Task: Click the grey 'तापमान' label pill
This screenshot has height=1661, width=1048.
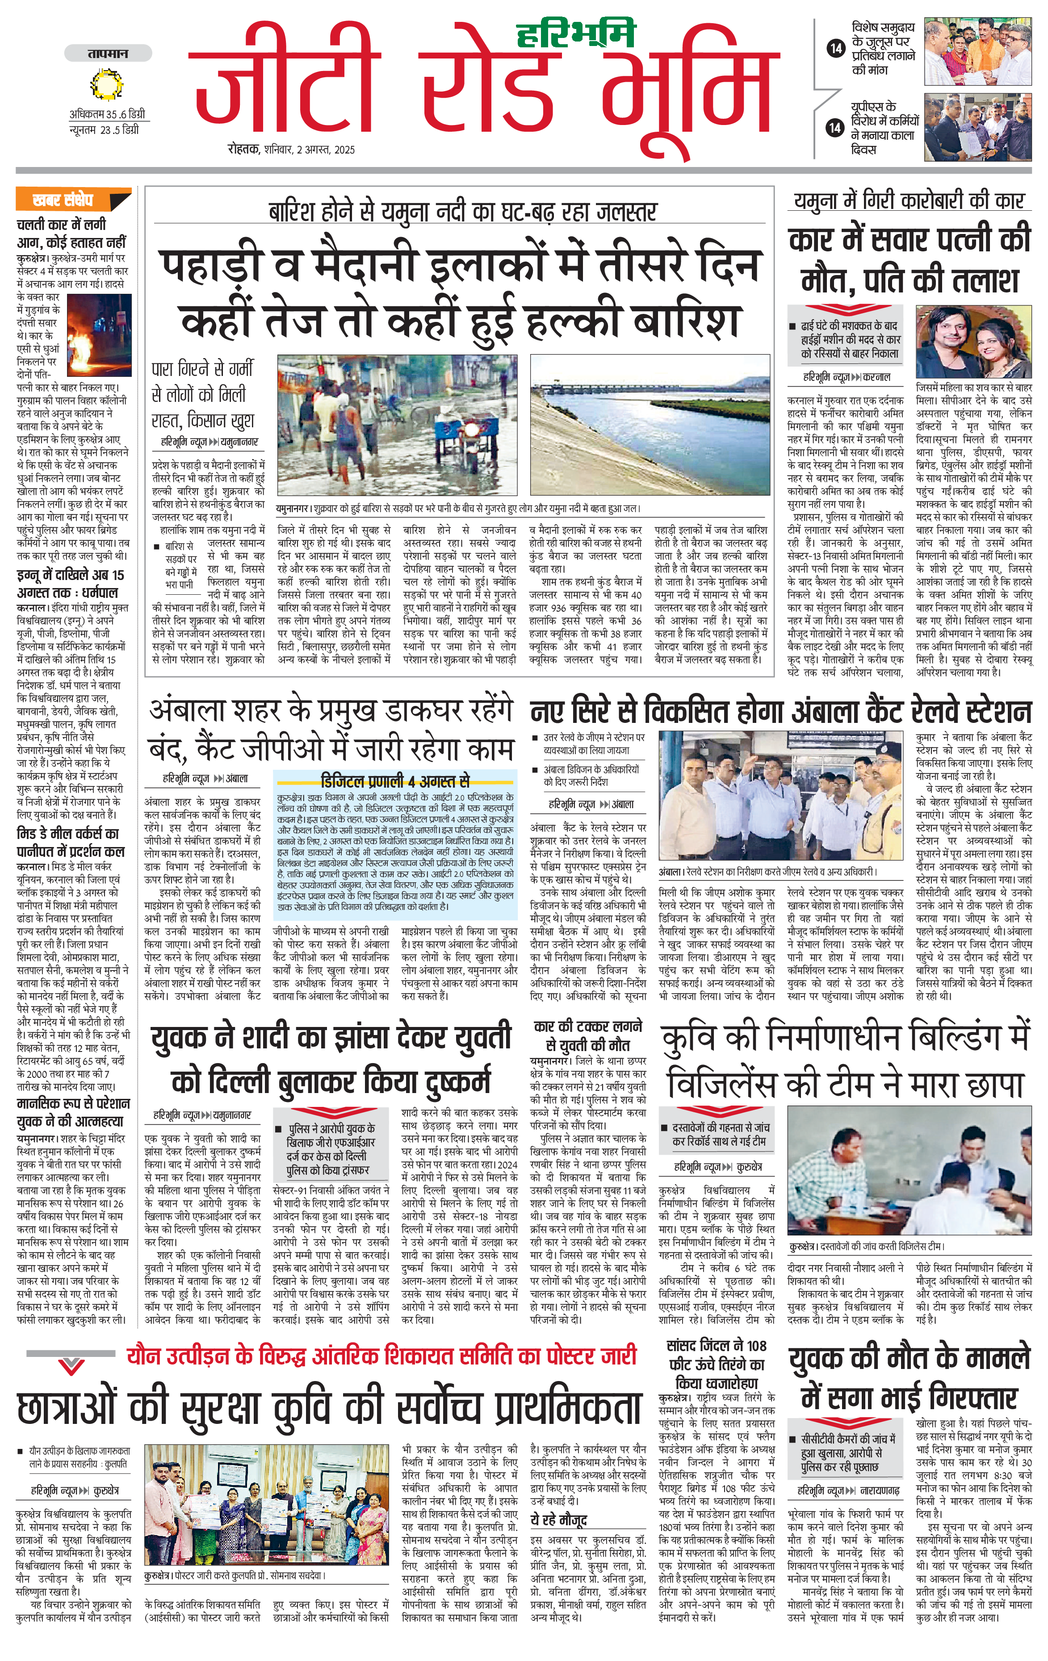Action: (x=108, y=53)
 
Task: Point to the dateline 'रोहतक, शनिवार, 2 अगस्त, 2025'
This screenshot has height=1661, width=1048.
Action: (x=291, y=149)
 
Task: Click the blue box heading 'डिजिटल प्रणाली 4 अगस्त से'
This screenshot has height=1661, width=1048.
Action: (x=395, y=781)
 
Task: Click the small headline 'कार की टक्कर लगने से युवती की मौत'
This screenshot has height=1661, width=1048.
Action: (x=588, y=1035)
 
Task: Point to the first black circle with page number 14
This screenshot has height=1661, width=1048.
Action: (x=835, y=48)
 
